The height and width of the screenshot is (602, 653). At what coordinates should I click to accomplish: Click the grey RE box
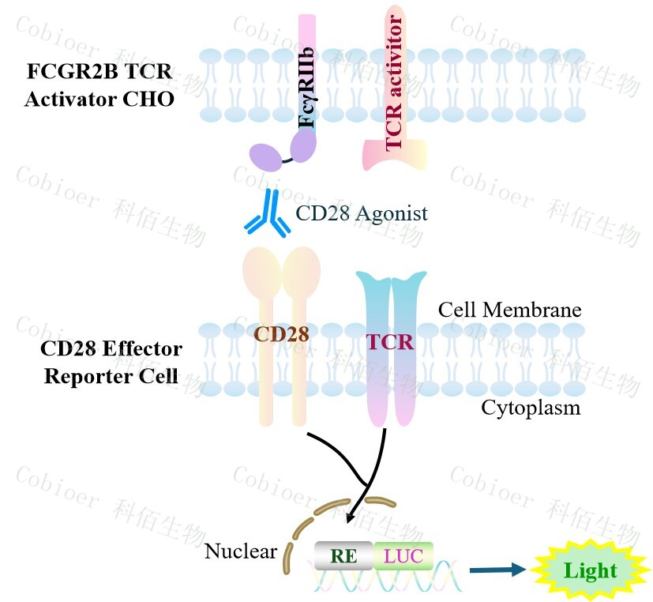tap(343, 555)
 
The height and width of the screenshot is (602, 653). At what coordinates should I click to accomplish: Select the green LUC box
tap(403, 555)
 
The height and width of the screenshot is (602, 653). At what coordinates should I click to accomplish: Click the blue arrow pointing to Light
tap(497, 569)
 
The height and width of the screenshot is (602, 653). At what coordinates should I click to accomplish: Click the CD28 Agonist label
tap(362, 213)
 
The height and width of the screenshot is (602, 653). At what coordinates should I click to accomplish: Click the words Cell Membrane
tap(510, 309)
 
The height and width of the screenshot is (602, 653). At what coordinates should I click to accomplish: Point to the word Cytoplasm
tap(530, 408)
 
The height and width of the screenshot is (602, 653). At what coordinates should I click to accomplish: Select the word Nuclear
tap(241, 551)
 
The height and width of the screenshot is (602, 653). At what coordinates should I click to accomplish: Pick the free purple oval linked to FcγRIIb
tap(265, 156)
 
